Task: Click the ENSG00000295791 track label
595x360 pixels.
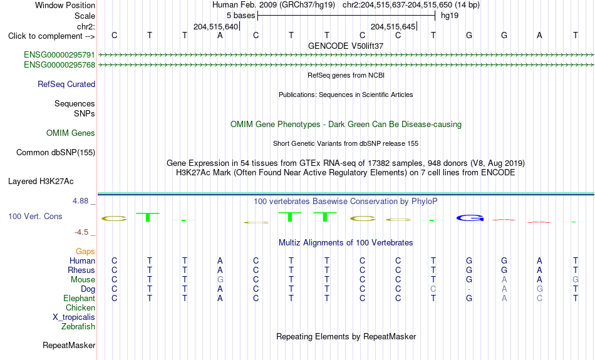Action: click(59, 54)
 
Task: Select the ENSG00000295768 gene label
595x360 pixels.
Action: click(59, 65)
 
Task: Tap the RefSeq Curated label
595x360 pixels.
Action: click(66, 85)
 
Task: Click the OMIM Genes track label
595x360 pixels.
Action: click(71, 133)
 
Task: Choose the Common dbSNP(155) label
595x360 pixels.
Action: click(56, 153)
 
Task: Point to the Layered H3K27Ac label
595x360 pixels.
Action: click(41, 182)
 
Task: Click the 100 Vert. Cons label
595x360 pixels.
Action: click(35, 216)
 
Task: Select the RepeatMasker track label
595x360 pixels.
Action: click(69, 345)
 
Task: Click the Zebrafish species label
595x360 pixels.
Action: click(78, 326)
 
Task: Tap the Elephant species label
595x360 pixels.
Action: click(80, 298)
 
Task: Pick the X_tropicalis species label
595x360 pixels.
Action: click(74, 317)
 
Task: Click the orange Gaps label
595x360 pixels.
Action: click(85, 251)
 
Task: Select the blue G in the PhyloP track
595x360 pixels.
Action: click(470, 218)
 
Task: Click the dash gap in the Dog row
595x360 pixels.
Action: click(469, 289)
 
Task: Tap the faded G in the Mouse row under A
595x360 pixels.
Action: click(220, 280)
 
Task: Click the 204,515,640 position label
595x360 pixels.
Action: click(215, 26)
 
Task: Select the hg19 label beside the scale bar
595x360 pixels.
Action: click(450, 16)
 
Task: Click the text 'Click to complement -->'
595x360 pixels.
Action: click(51, 36)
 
